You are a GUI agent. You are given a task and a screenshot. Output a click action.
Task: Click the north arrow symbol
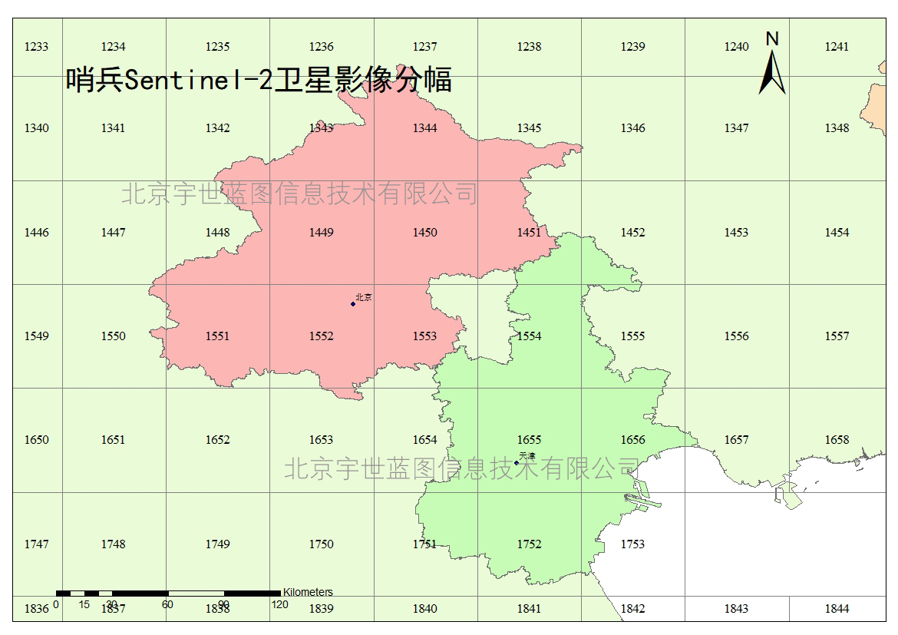tap(772, 69)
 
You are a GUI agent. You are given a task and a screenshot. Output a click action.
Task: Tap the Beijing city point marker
tap(353, 304)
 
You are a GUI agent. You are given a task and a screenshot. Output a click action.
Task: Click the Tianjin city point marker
tap(517, 462)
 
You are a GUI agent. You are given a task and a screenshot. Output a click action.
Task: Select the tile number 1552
tap(321, 336)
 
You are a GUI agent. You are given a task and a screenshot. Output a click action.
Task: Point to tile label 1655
tap(529, 440)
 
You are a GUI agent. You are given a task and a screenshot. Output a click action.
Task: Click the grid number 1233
tap(36, 47)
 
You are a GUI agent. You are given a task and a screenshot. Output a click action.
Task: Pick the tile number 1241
tap(837, 47)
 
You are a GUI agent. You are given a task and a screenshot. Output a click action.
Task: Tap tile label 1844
tap(837, 609)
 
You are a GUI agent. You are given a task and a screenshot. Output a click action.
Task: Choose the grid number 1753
tap(632, 544)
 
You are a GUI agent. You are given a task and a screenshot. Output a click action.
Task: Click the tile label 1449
tap(321, 233)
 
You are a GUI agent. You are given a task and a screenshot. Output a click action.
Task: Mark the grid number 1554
tap(529, 336)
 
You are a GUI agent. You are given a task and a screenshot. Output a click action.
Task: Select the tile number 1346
tap(632, 128)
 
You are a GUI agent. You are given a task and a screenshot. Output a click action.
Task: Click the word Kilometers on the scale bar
tap(308, 592)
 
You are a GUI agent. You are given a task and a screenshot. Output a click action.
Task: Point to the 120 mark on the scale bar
tap(280, 604)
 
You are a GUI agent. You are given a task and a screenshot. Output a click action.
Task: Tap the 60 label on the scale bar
tap(167, 604)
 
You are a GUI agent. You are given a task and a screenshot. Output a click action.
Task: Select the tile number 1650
tap(36, 440)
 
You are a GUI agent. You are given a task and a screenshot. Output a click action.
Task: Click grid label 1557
tap(837, 336)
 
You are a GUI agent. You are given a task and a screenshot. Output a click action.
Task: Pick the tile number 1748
tap(113, 544)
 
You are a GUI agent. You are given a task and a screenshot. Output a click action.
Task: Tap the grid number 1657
tap(736, 440)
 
